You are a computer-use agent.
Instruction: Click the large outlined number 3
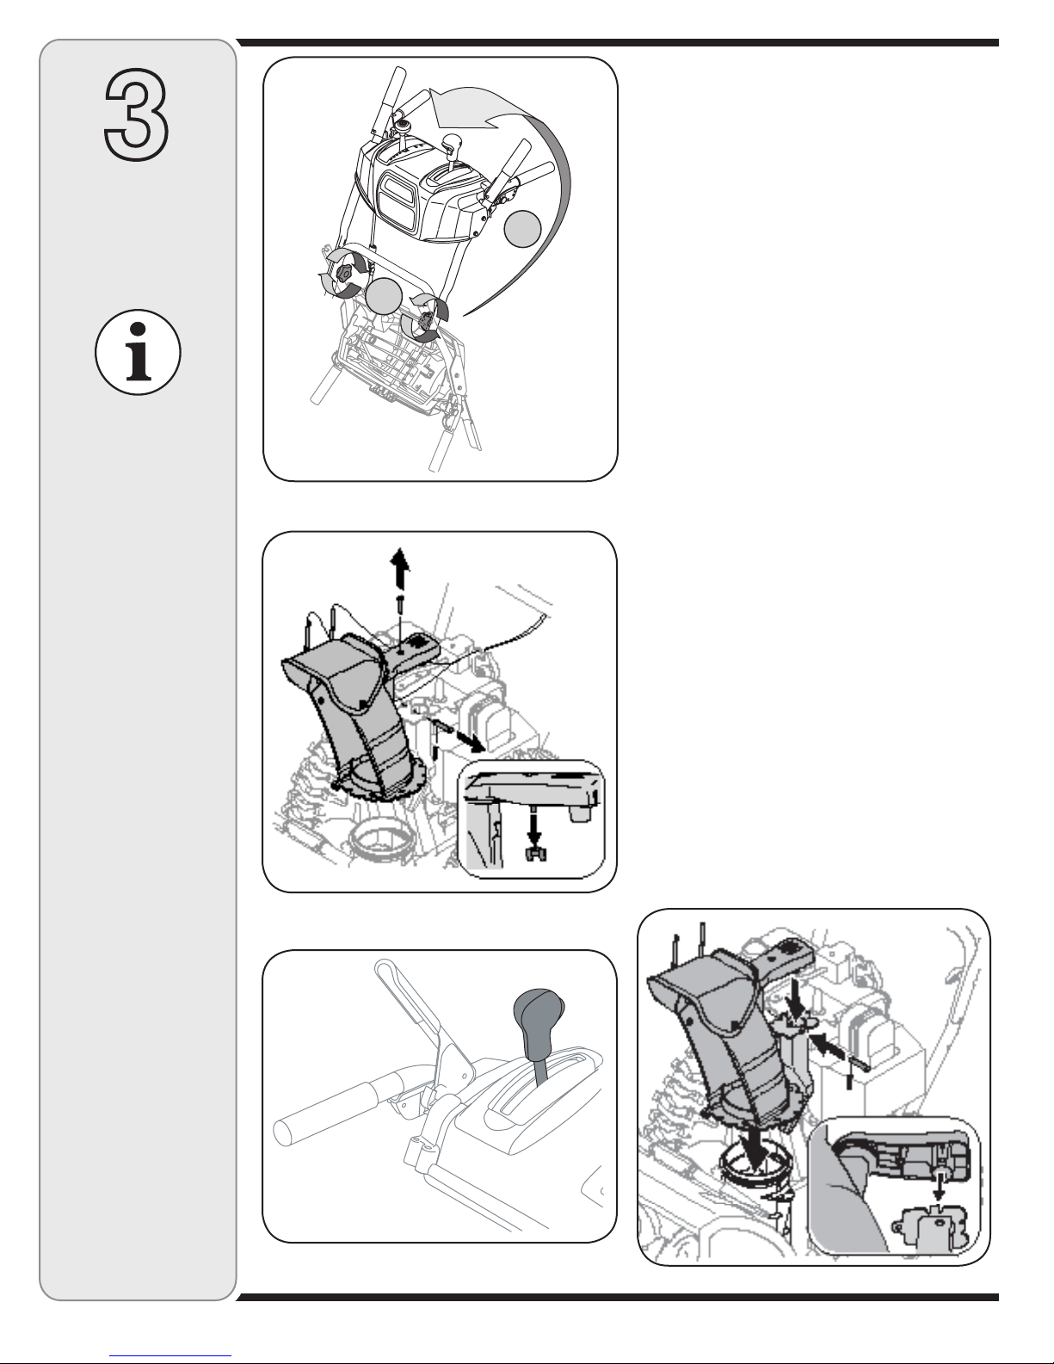(x=136, y=115)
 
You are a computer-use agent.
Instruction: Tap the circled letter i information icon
(x=138, y=352)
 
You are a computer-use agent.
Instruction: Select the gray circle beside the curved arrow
(x=522, y=229)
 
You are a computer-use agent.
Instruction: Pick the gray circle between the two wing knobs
(x=384, y=295)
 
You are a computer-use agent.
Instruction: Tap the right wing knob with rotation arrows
(x=424, y=321)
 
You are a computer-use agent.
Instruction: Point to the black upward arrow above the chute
(x=399, y=569)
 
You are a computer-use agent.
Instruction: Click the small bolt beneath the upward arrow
(x=399, y=605)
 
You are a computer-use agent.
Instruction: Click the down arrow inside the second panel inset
(x=534, y=828)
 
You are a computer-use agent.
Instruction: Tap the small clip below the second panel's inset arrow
(x=535, y=853)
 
